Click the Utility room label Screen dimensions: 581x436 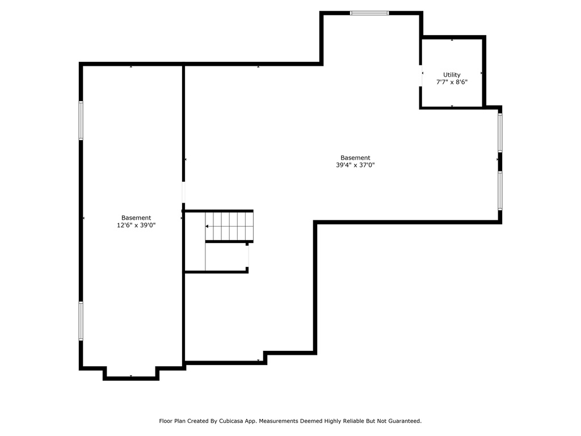tap(452, 75)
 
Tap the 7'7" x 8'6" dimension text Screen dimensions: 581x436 tap(452, 82)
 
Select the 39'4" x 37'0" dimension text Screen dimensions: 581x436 tap(355, 165)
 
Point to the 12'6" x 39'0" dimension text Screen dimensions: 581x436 tap(136, 225)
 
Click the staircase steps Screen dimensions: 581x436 tap(229, 226)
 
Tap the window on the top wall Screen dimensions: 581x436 tap(369, 13)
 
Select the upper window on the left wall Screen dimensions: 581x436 tap(81, 120)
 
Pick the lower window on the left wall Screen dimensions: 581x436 tap(81, 321)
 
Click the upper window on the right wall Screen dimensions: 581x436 tap(500, 132)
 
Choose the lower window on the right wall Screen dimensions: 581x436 tap(500, 191)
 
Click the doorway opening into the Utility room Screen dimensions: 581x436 tap(421, 76)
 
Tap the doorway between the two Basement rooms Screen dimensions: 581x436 tap(183, 192)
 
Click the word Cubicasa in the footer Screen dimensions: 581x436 tap(231, 421)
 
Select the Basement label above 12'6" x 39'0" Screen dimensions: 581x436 tap(136, 218)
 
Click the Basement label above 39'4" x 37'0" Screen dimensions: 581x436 tap(355, 158)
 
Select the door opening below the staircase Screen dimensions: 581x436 tap(247, 256)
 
